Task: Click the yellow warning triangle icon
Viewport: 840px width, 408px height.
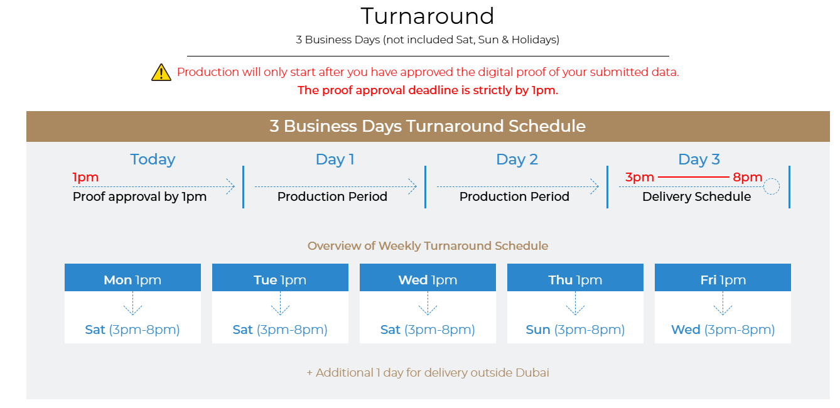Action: tap(161, 72)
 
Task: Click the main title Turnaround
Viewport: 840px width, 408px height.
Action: tap(428, 16)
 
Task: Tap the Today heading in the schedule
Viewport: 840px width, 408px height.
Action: tap(153, 159)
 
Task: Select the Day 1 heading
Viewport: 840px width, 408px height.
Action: tap(335, 159)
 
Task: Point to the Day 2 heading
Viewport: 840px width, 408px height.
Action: tap(517, 159)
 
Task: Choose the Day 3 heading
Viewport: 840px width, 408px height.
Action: tap(699, 159)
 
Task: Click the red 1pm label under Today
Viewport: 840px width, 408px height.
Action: tap(85, 177)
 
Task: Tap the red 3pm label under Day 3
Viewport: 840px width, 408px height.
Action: tap(640, 177)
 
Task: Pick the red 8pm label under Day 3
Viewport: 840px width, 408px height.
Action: tap(748, 177)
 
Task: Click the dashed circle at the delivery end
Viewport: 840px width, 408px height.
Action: tap(772, 178)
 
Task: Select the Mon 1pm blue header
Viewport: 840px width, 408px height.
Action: tap(132, 277)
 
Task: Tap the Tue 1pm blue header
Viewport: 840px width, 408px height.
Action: tap(280, 277)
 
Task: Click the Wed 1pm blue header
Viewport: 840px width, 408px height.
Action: tap(428, 277)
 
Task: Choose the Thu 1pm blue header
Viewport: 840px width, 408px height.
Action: tap(575, 277)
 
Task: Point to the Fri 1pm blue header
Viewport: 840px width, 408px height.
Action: tap(723, 277)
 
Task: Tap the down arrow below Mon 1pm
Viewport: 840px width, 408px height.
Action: tap(132, 303)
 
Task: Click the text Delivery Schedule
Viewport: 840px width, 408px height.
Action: tap(697, 196)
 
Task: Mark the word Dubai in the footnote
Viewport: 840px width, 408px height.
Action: tap(532, 373)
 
